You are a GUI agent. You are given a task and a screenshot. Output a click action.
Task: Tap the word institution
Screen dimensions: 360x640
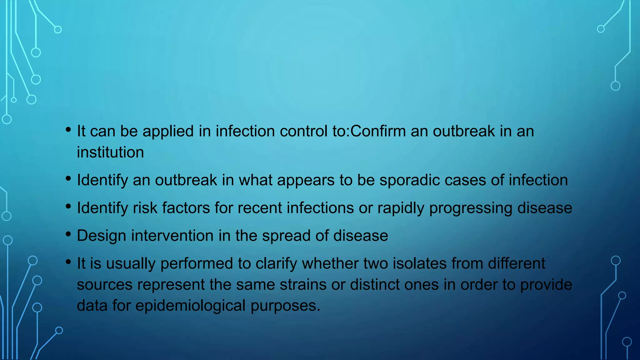click(110, 152)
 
